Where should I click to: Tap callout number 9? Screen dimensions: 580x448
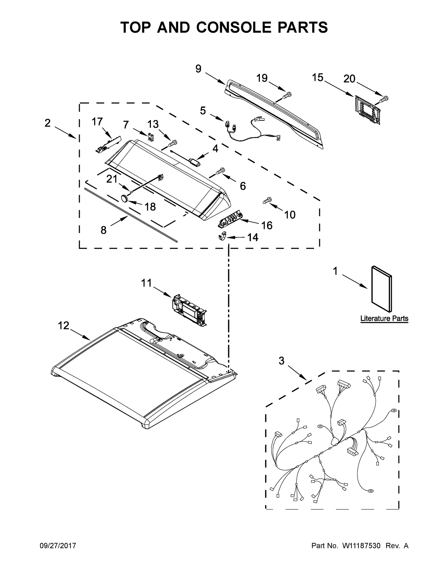click(198, 69)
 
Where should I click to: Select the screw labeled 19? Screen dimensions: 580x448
click(286, 96)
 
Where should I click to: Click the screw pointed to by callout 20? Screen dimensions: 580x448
click(384, 99)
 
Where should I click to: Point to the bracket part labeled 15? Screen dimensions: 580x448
click(367, 109)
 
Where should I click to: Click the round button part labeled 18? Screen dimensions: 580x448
click(125, 199)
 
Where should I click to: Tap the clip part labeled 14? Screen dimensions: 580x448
click(222, 237)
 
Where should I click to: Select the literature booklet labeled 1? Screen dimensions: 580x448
click(381, 289)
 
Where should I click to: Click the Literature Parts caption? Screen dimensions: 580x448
click(384, 318)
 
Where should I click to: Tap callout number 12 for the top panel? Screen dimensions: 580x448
click(64, 325)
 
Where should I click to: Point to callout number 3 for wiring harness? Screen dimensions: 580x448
click(281, 361)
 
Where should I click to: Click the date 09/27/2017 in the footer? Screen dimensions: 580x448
click(57, 546)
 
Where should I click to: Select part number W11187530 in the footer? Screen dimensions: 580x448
click(361, 546)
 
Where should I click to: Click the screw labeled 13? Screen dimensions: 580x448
click(172, 143)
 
